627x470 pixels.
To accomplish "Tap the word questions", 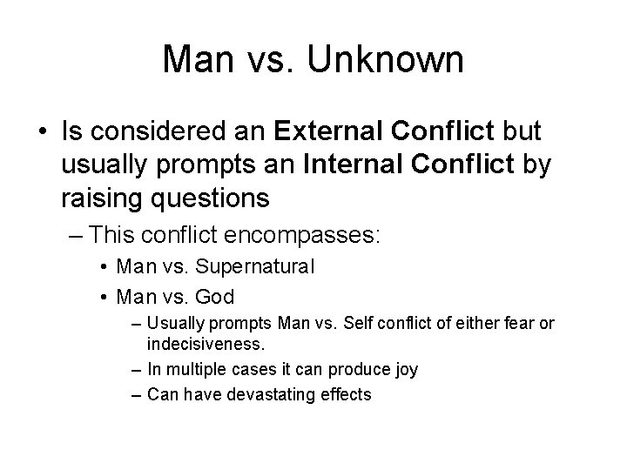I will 212,198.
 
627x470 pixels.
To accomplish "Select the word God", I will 215,297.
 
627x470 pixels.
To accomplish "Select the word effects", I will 346,394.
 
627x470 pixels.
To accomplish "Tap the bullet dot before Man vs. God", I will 103,297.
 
